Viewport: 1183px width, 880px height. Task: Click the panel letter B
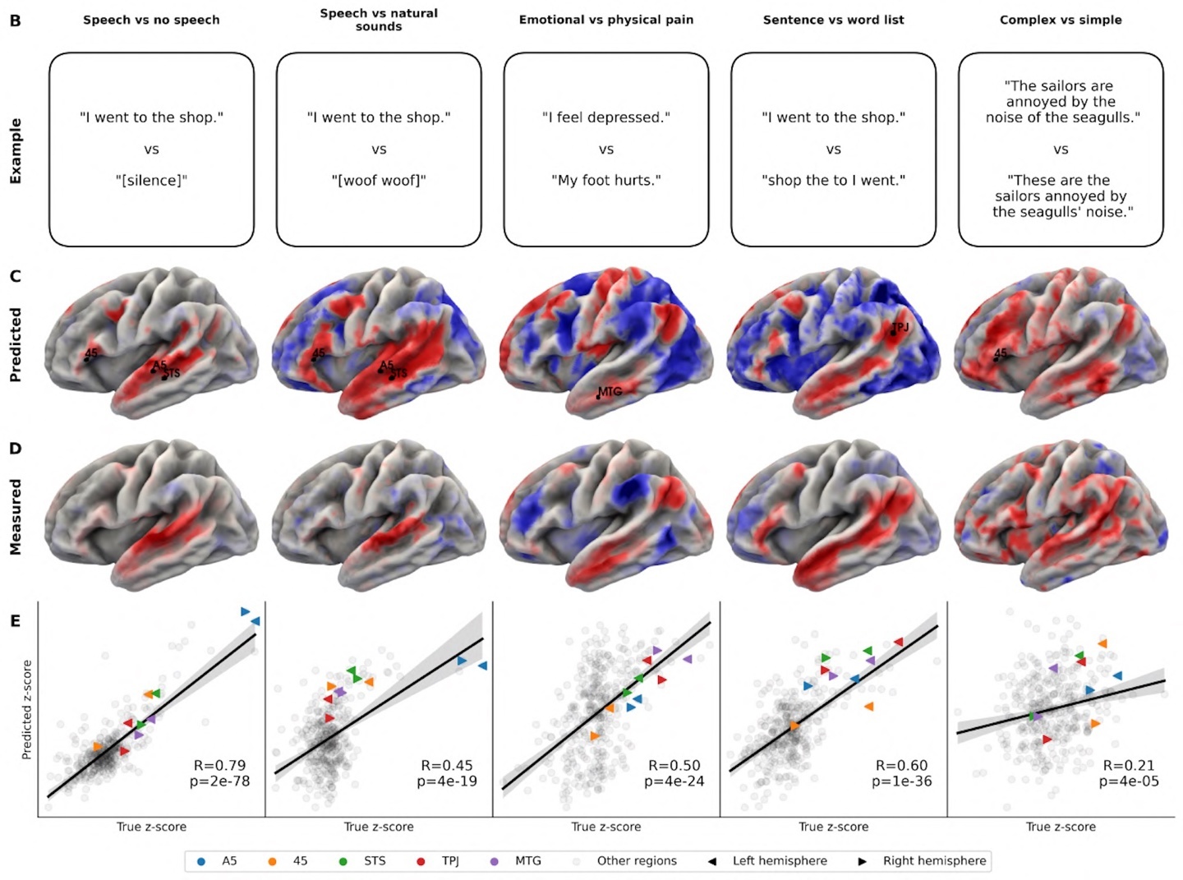(15, 20)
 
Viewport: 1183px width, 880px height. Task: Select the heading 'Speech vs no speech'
(151, 20)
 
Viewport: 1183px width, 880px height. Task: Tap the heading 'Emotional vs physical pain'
(606, 20)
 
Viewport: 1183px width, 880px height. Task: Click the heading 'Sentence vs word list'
(833, 20)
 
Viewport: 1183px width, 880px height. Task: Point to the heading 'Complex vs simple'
(1061, 20)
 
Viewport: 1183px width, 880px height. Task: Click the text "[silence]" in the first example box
(151, 180)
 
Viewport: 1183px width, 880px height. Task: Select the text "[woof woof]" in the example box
(379, 180)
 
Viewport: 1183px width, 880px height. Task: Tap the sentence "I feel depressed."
(606, 117)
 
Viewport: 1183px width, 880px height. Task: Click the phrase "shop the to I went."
(833, 180)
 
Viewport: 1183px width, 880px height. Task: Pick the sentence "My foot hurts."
(606, 180)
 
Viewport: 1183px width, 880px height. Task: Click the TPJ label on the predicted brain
(900, 327)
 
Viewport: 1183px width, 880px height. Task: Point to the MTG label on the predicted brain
(610, 392)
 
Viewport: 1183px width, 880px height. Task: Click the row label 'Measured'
(15, 518)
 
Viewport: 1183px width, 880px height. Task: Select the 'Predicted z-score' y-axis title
(27, 709)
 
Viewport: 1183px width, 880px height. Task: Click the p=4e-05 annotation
(1129, 781)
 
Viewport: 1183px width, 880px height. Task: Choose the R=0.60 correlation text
(901, 765)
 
